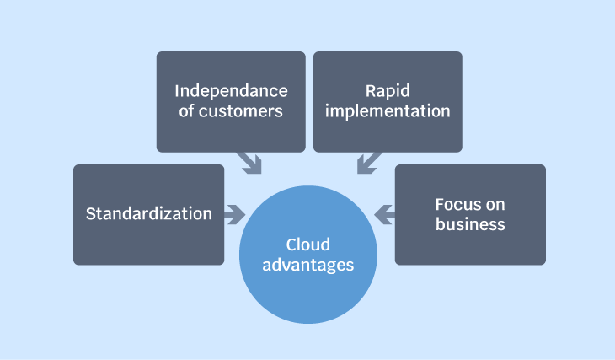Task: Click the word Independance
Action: [231, 91]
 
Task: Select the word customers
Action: [240, 111]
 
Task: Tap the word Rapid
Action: [388, 92]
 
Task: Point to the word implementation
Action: [388, 112]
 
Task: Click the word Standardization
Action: [149, 213]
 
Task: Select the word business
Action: [470, 224]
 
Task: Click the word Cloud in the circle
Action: [307, 244]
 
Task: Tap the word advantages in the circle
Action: [307, 265]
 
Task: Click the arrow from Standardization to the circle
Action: [234, 215]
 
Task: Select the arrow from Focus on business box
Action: [384, 215]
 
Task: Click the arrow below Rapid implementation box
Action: [369, 163]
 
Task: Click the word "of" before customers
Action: [186, 110]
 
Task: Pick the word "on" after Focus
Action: [495, 206]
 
